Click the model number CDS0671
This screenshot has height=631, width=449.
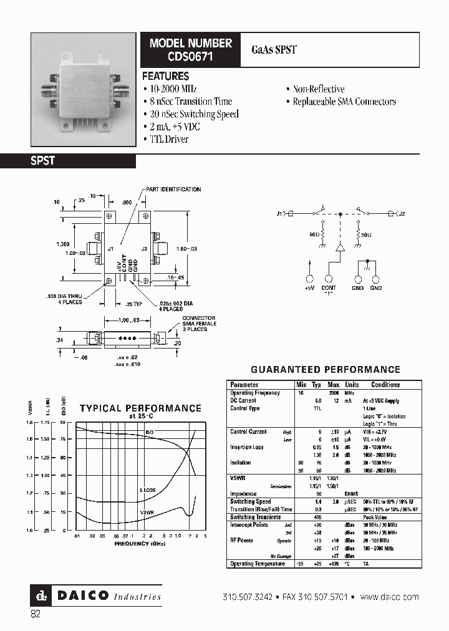(x=190, y=55)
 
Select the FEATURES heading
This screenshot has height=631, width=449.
(x=165, y=76)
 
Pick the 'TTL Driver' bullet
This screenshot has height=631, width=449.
(x=169, y=139)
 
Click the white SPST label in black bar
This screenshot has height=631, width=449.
(x=43, y=161)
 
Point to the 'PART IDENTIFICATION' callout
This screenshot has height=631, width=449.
(x=173, y=189)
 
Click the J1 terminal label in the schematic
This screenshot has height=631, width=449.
(x=279, y=214)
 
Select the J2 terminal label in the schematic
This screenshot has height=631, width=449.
(x=402, y=214)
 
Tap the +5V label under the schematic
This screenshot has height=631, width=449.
(x=309, y=287)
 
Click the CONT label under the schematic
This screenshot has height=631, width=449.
(x=329, y=287)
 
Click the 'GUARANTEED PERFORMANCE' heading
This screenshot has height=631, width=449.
(x=325, y=369)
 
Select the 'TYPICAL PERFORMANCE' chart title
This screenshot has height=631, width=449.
(x=140, y=408)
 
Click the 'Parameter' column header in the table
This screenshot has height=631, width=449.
(x=244, y=385)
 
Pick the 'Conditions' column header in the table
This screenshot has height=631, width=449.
(x=385, y=385)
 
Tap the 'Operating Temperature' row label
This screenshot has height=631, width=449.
(x=258, y=564)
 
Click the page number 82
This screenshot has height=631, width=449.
(x=36, y=614)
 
